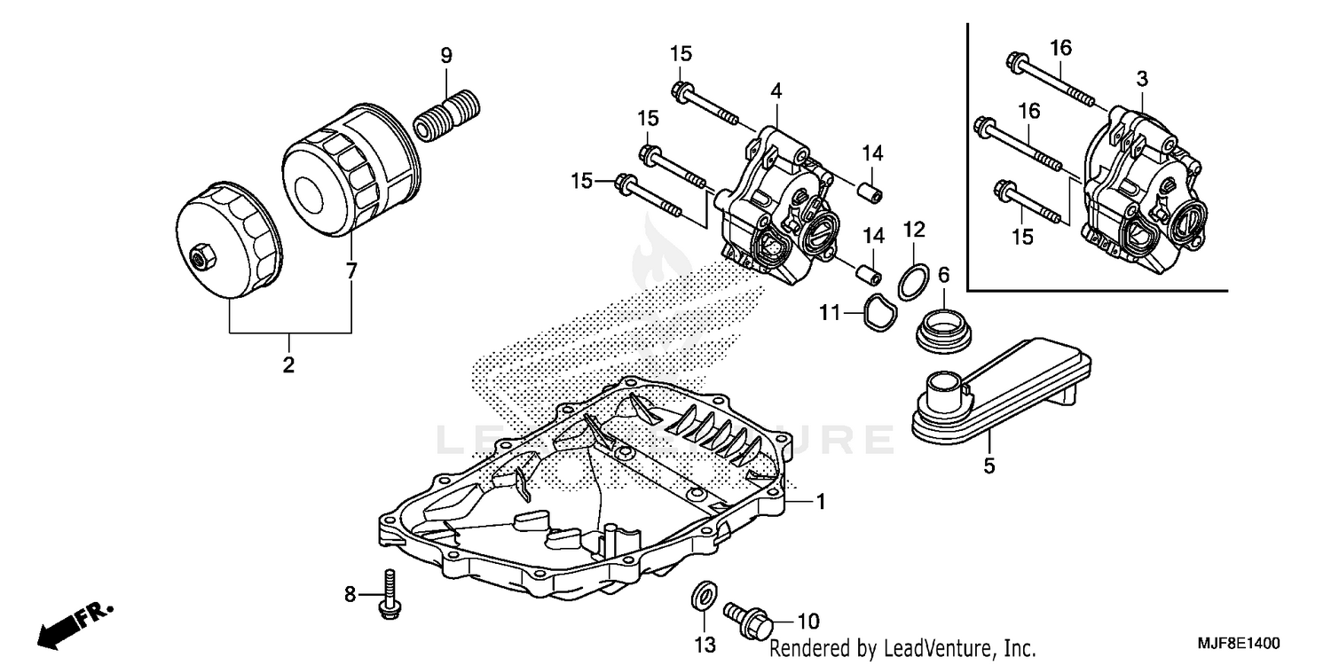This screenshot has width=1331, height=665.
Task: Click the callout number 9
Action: pyautogui.click(x=446, y=55)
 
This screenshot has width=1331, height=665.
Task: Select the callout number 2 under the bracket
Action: pyautogui.click(x=288, y=364)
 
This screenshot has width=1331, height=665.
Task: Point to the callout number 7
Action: pyautogui.click(x=351, y=271)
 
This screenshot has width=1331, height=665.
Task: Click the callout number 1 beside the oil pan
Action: pyautogui.click(x=821, y=502)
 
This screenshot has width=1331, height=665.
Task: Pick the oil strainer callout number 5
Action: pyautogui.click(x=989, y=464)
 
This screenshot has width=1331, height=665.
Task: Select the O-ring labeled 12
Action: pyautogui.click(x=913, y=280)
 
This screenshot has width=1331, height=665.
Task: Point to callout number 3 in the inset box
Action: pyautogui.click(x=1142, y=79)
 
